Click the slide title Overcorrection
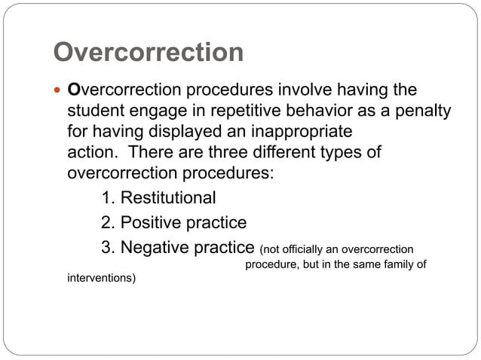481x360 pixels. click(149, 53)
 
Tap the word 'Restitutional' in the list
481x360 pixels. click(168, 198)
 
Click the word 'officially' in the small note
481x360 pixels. click(305, 250)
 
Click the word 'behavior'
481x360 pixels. click(317, 111)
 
